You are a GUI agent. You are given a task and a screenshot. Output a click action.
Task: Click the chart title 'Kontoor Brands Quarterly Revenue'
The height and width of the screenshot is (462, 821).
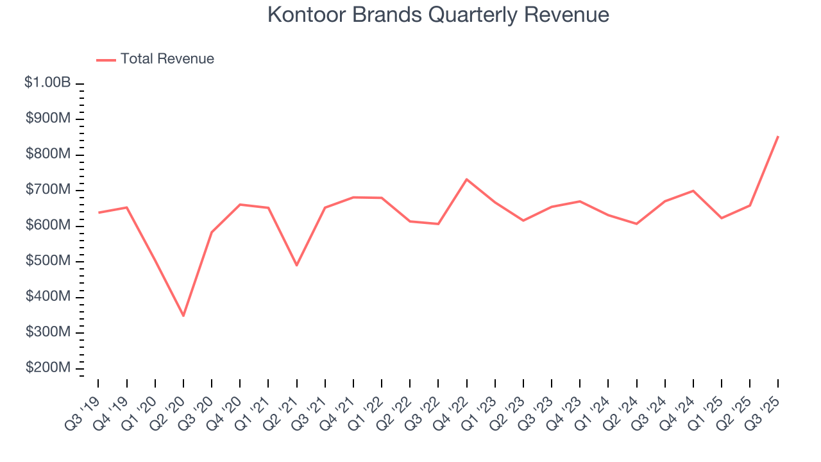coord(437,15)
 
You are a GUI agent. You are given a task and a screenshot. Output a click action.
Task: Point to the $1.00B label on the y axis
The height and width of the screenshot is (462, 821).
coord(48,83)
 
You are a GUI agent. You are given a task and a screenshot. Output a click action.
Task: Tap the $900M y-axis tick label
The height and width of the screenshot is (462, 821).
coord(49,119)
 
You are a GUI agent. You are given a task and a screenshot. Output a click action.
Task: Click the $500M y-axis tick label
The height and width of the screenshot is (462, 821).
coord(49,261)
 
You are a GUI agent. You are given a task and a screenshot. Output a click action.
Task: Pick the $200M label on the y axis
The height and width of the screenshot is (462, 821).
coord(49,368)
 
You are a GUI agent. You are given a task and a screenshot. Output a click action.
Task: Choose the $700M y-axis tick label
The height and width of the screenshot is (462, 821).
coord(49,190)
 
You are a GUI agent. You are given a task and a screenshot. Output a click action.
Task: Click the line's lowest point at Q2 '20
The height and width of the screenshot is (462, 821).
coord(183,316)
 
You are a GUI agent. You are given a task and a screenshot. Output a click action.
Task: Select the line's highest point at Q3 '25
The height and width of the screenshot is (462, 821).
coord(778,136)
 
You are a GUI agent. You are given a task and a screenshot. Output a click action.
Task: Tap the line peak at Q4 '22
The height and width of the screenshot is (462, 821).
coord(466,179)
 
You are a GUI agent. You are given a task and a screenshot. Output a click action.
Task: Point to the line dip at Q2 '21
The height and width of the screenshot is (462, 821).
coord(296,265)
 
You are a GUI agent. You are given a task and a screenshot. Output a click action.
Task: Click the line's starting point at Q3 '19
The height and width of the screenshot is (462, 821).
coord(98,212)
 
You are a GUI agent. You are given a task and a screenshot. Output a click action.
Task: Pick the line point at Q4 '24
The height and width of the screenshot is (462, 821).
coord(693,191)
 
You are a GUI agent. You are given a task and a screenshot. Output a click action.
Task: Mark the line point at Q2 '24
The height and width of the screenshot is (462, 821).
coord(636,224)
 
